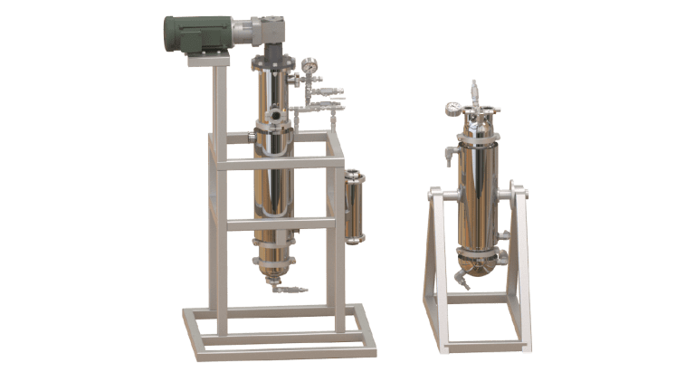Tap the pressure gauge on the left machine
tap(310, 65)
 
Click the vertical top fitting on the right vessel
tap(473, 93)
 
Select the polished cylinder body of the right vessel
tap(476, 195)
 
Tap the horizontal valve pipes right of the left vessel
tap(326, 100)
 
